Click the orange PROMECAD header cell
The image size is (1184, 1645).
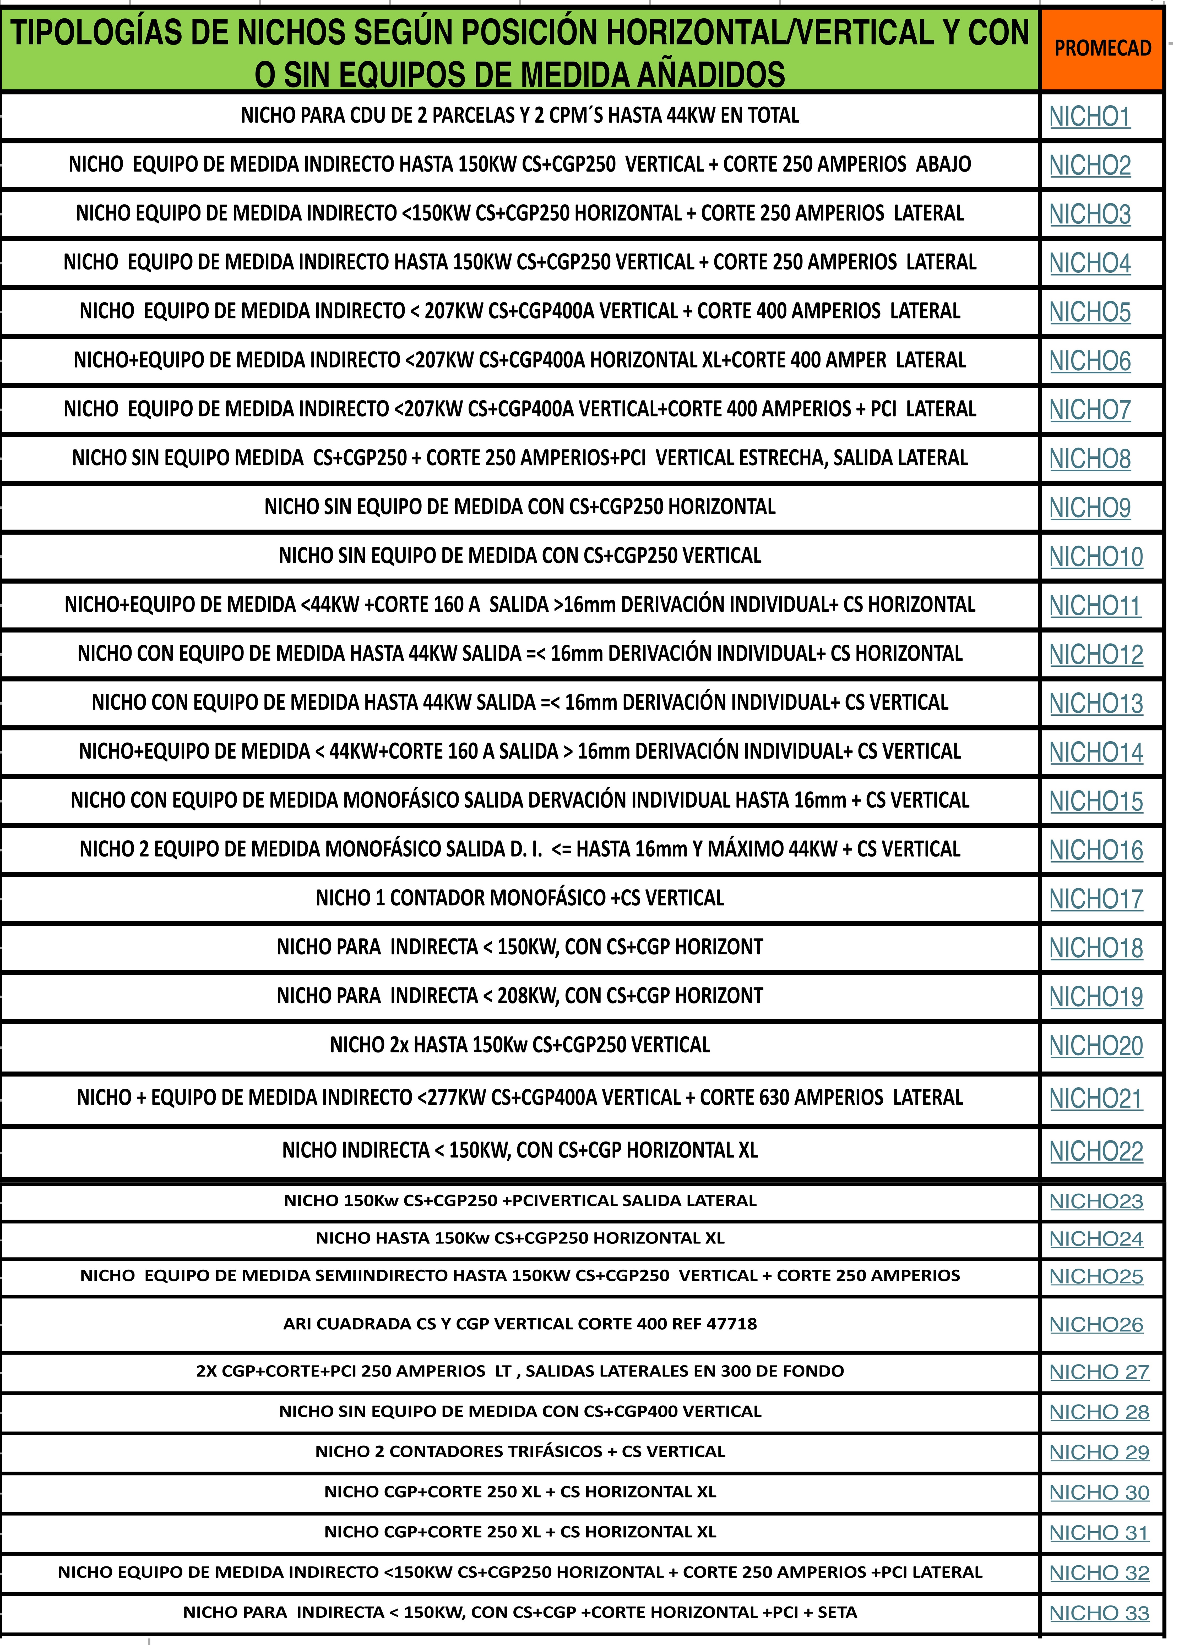[1102, 49]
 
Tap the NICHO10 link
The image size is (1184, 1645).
[1095, 557]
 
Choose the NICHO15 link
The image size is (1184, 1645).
[1095, 802]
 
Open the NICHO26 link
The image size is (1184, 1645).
[1095, 1324]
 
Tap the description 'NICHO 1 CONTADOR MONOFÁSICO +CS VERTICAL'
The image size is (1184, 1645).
[519, 898]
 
